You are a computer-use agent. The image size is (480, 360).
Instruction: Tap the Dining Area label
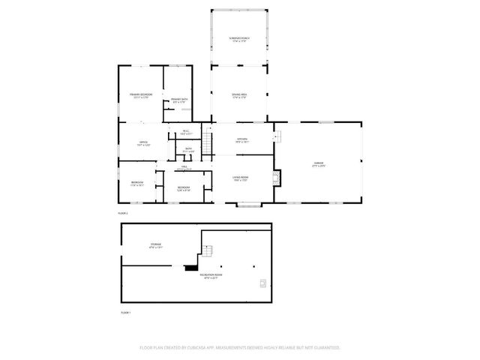point(239,95)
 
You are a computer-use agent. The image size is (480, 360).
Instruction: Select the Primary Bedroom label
point(141,95)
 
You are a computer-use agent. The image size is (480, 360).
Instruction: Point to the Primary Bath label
point(178,101)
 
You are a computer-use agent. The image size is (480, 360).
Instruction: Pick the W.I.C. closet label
point(185,133)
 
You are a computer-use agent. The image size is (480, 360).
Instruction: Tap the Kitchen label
point(242,139)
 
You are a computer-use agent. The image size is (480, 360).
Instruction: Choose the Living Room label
point(240,178)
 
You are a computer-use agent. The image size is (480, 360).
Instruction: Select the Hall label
point(184,168)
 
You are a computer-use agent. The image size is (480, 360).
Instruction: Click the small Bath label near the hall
point(190,150)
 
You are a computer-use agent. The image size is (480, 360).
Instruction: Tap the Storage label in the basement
point(154,245)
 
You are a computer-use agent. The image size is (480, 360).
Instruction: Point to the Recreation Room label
point(211,277)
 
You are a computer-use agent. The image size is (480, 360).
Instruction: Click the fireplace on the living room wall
point(278,178)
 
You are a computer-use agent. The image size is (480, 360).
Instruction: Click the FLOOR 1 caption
point(125,313)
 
